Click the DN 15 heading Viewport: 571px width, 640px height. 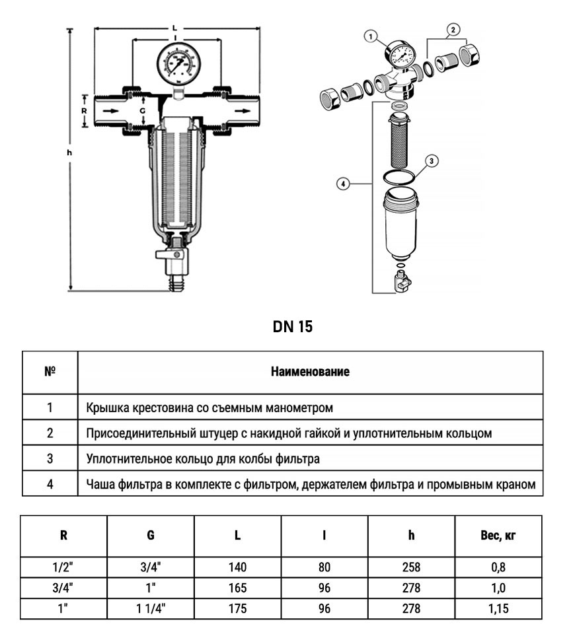pos(292,327)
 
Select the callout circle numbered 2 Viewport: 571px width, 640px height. pos(453,29)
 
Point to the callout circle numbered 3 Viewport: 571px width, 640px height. pos(430,160)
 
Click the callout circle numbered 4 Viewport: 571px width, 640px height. pos(342,184)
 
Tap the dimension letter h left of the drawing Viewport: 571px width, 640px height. pos(69,153)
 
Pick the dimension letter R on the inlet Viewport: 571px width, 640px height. pos(84,111)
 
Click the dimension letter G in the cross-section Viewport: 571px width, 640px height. pos(141,111)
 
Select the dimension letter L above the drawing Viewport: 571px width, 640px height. pos(174,28)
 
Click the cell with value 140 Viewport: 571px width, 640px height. pos(237,567)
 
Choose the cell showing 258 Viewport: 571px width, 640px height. pos(411,567)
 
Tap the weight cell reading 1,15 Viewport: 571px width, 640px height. pos(498,608)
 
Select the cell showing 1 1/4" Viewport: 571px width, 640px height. pos(151,608)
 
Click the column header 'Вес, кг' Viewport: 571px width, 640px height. pos(498,536)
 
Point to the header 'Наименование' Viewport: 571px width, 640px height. pos(310,372)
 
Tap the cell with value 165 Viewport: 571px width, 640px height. pos(237,587)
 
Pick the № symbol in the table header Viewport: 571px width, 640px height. pos(50,371)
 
